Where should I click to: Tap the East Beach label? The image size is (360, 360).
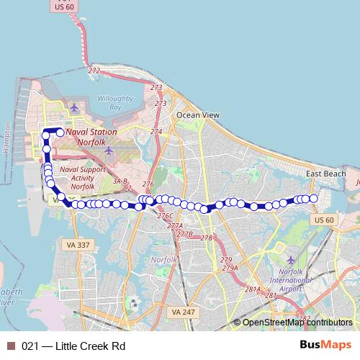point(325,174)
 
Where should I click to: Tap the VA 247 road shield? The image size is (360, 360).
point(184,312)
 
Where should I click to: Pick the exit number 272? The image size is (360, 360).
point(94,71)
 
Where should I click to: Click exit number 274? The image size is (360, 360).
point(156,132)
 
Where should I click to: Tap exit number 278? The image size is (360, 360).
point(207,238)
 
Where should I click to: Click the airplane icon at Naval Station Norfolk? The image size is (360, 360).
point(73,108)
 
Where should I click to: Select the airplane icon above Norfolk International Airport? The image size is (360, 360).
point(291,259)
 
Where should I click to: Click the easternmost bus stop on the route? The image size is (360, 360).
point(313,198)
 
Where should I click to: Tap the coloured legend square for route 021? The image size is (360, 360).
point(10,346)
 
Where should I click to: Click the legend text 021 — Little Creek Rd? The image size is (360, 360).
point(73,346)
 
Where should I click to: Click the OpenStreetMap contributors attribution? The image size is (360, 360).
point(297,323)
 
